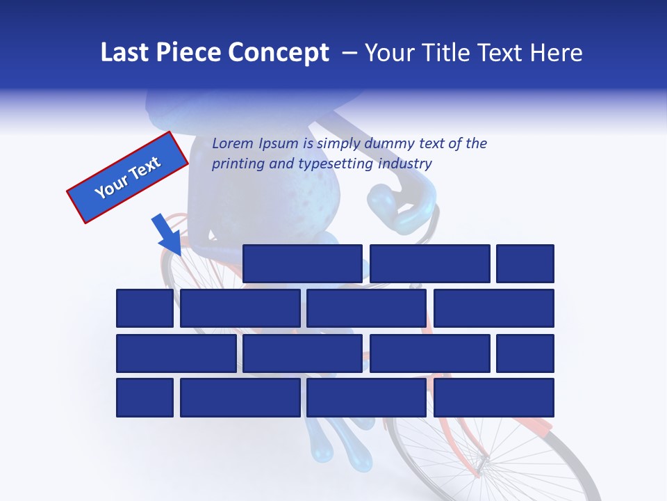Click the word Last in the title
coord(124,53)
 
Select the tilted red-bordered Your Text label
coord(127,177)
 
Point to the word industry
coord(405,164)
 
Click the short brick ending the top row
coord(525,264)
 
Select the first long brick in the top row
coord(302,264)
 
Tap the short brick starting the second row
coord(145,308)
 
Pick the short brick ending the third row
coord(525,353)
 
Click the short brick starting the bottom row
coord(145,397)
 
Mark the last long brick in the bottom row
coord(494,397)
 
